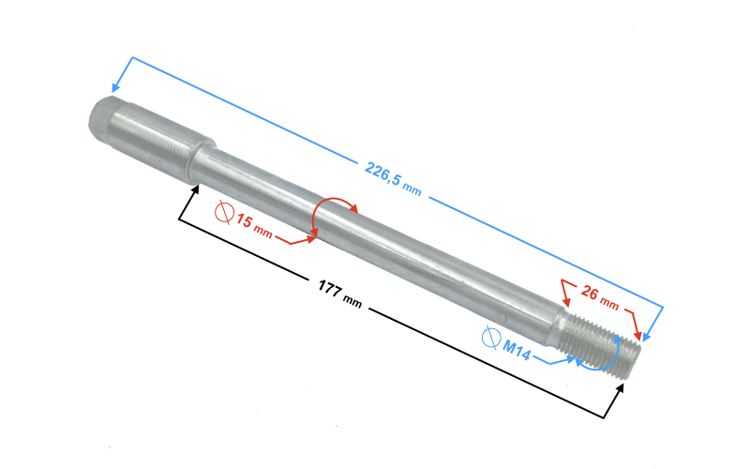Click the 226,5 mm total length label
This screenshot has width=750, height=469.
pyautogui.click(x=393, y=179)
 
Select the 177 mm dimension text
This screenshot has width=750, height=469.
pyautogui.click(x=340, y=294)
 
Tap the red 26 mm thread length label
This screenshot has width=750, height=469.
pyautogui.click(x=600, y=296)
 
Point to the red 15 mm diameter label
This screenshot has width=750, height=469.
pyautogui.click(x=254, y=226)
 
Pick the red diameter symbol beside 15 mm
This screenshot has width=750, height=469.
pyautogui.click(x=224, y=213)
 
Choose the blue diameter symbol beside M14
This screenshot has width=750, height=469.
pyautogui.click(x=490, y=338)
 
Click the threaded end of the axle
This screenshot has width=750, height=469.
pyautogui.click(x=601, y=343)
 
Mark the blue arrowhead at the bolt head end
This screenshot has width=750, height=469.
pyautogui.click(x=114, y=86)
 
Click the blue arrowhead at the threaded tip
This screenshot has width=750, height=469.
pyautogui.click(x=647, y=337)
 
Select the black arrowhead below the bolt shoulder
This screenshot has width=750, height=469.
pyautogui.click(x=194, y=189)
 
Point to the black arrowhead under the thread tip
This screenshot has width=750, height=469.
pyautogui.click(x=620, y=388)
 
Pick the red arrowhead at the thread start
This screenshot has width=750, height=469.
pyautogui.click(x=567, y=301)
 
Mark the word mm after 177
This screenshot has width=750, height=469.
pyautogui.click(x=352, y=302)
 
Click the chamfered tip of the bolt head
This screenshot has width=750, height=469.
pyautogui.click(x=99, y=117)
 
